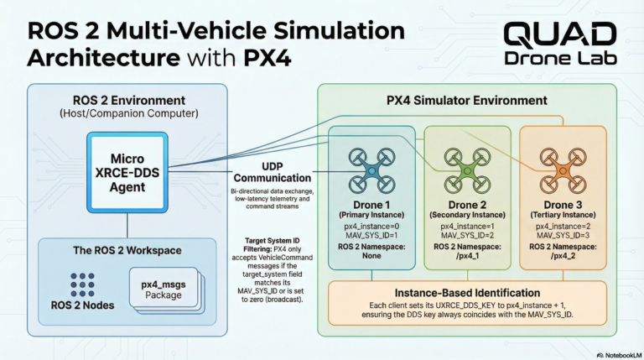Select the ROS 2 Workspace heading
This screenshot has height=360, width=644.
126,249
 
